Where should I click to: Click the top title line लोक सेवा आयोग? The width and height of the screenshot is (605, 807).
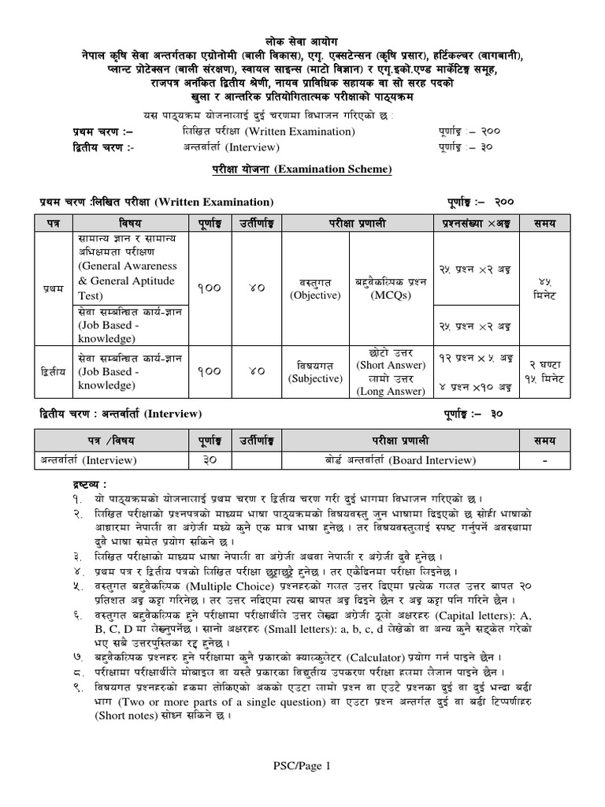point(303,40)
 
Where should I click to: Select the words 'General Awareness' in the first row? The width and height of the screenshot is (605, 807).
point(127,266)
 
